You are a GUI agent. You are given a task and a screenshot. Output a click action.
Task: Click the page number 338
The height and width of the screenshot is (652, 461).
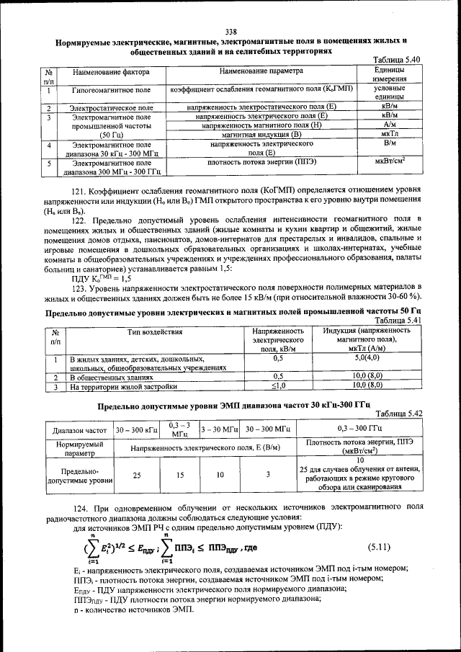(x=230, y=31)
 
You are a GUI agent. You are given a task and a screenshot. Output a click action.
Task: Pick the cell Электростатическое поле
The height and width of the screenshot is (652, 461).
(x=110, y=107)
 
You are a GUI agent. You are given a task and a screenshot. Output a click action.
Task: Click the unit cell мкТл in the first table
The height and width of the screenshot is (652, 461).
(x=390, y=134)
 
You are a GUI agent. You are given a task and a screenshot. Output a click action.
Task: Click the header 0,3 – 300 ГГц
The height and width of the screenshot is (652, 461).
(x=359, y=429)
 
